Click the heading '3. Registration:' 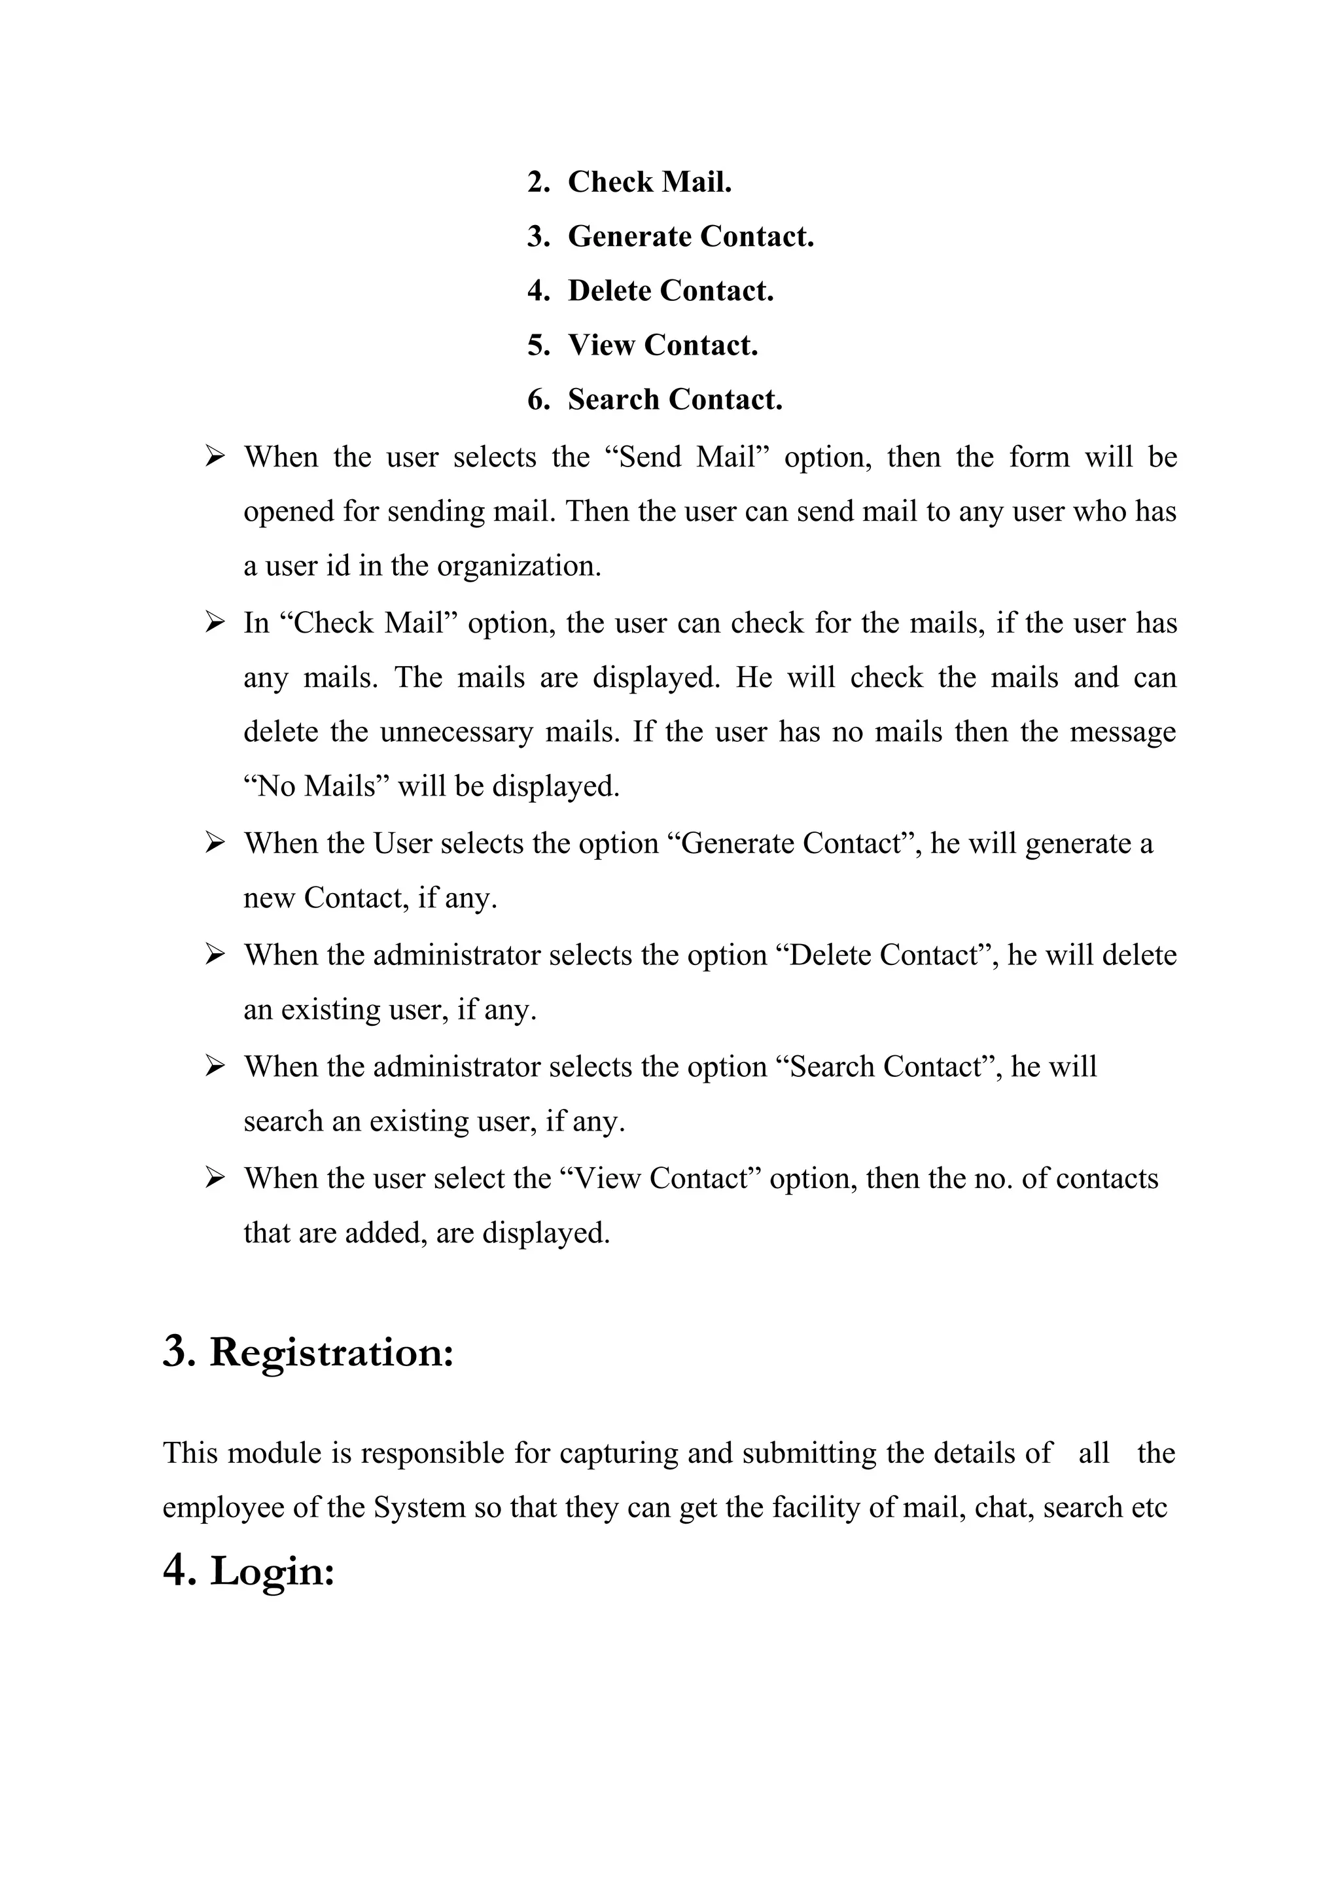click(x=309, y=1352)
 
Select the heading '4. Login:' click(x=249, y=1570)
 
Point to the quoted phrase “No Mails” click(x=316, y=786)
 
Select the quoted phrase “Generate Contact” click(x=794, y=844)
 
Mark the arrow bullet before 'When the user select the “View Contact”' click(x=215, y=1178)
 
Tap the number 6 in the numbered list click(x=537, y=400)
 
